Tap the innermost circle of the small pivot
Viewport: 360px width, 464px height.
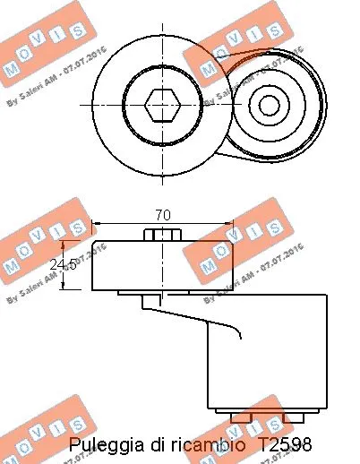point(269,105)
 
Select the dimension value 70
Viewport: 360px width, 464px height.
point(163,216)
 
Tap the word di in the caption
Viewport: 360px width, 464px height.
point(154,444)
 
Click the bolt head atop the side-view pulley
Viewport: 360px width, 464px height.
point(163,235)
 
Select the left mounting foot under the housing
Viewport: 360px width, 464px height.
point(240,417)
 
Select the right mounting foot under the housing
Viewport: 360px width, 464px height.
point(293,417)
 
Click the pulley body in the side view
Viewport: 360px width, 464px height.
point(163,265)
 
